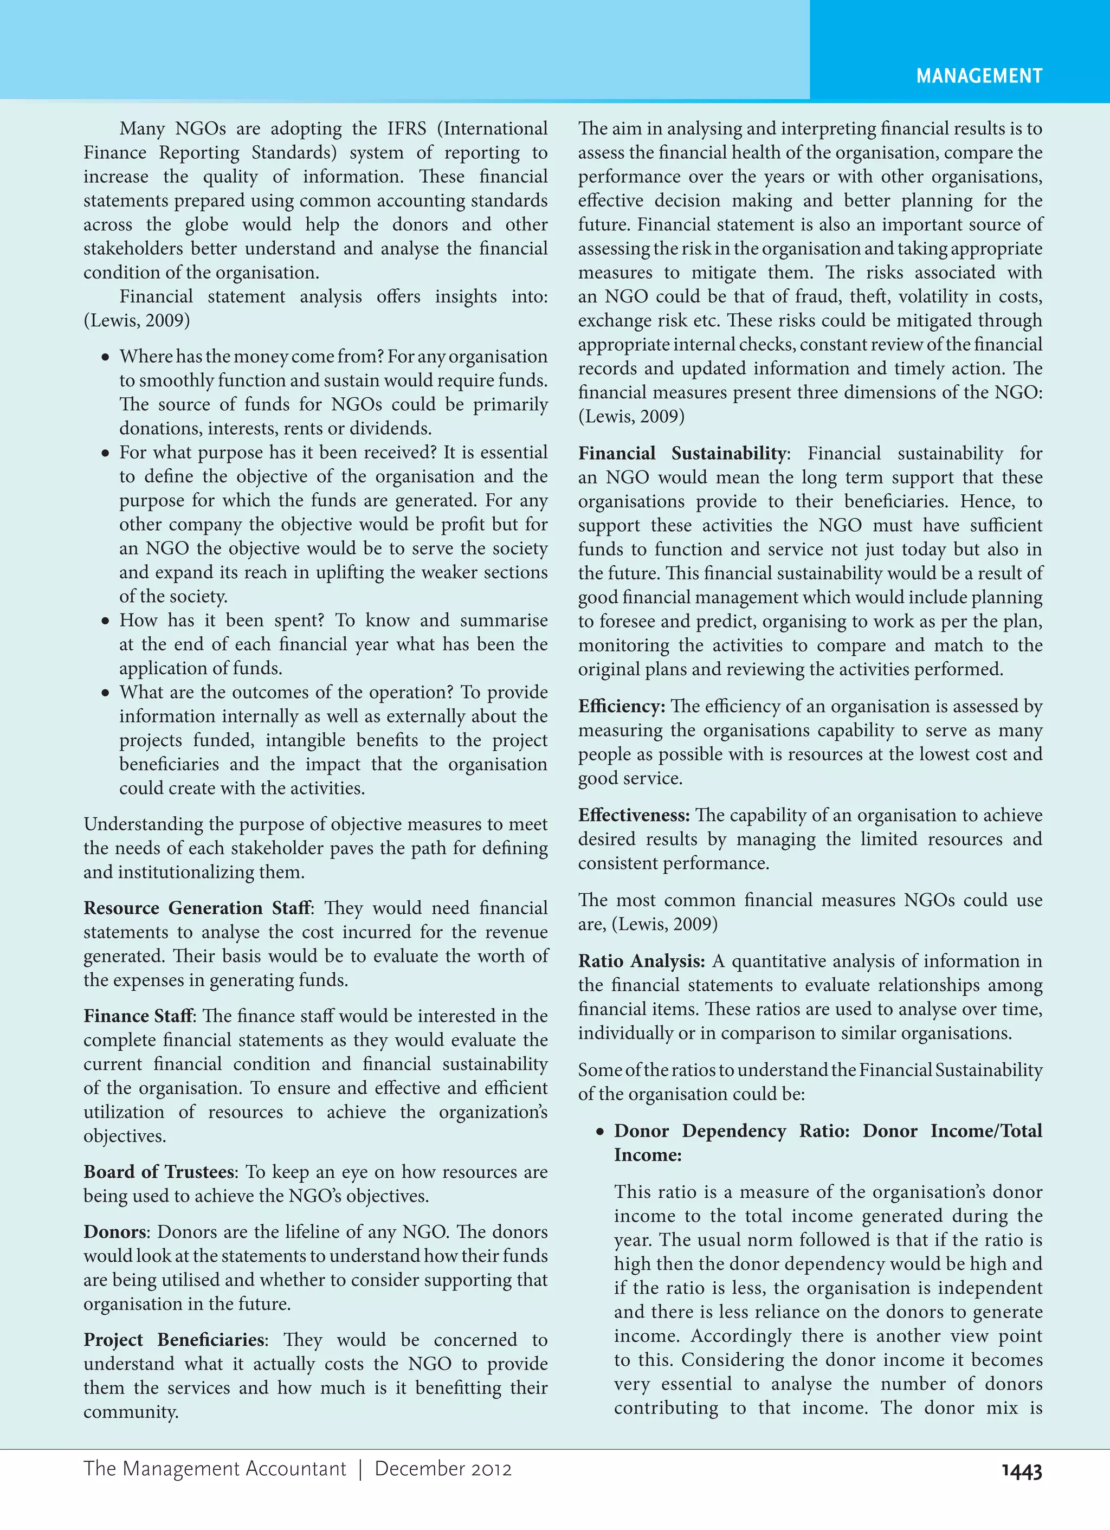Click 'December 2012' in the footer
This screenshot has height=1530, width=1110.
pos(443,1469)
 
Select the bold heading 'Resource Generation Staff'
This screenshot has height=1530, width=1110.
pos(197,908)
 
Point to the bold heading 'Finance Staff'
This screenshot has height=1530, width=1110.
pos(138,1016)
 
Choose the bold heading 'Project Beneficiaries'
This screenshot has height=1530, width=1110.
pos(174,1340)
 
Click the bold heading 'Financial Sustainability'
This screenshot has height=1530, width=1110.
pos(681,453)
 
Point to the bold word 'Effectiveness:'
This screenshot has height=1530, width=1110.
pos(634,815)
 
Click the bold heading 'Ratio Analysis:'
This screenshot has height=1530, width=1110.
pos(641,960)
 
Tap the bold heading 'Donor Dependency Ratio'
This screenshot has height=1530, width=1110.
pos(732,1131)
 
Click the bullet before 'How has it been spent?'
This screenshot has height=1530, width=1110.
pos(105,621)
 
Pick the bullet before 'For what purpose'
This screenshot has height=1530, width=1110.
pos(105,453)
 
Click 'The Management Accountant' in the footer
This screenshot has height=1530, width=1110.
pos(215,1469)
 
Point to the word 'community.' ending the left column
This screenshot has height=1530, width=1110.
pos(131,1412)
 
